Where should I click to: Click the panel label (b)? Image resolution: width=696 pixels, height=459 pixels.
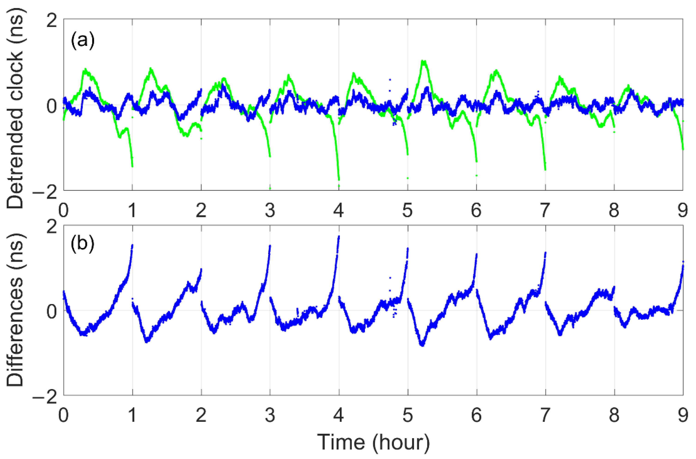tap(83, 243)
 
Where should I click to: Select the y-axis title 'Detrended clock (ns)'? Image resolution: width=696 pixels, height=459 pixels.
tap(15, 108)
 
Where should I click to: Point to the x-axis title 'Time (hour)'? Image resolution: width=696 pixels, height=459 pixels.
tap(374, 442)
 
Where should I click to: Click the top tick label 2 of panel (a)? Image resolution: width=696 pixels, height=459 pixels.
tap(52, 21)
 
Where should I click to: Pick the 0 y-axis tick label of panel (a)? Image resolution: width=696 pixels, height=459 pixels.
tap(52, 106)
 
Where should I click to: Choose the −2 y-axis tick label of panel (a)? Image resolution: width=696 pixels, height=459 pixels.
tap(45, 193)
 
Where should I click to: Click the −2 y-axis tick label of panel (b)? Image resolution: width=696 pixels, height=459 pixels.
tap(45, 398)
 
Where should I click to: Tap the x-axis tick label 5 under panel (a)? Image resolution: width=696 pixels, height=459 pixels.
tap(407, 210)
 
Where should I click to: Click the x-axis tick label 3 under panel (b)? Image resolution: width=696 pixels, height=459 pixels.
tap(270, 415)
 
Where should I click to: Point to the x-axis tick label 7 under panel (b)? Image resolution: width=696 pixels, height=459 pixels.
tap(545, 415)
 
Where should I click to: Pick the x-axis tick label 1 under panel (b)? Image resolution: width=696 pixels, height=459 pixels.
tap(132, 415)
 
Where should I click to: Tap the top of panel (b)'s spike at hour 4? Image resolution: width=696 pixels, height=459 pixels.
tap(339, 236)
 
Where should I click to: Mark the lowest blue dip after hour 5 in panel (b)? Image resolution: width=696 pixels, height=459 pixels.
tap(422, 345)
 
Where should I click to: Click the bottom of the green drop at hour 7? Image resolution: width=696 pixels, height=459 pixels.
tap(545, 170)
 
